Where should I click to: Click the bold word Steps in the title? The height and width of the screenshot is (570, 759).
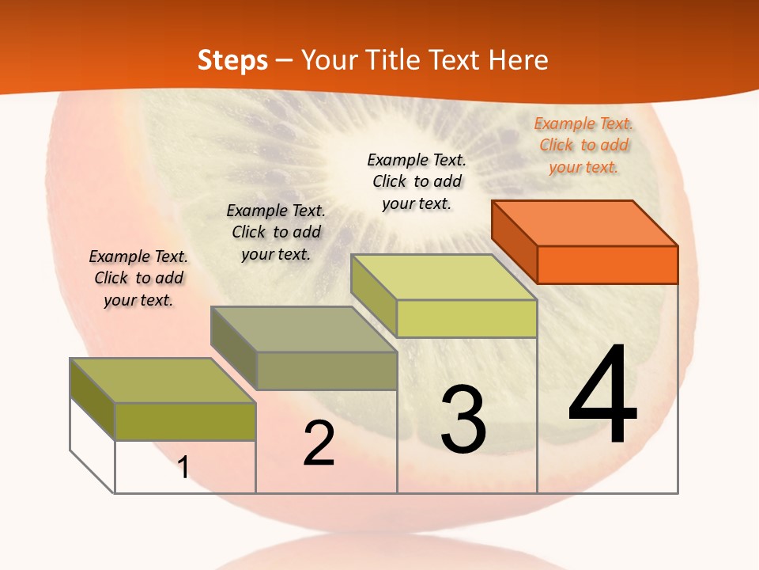coord(232,60)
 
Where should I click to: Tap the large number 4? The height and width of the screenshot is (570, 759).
coord(602,395)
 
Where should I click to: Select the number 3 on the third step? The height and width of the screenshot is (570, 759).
coord(463,420)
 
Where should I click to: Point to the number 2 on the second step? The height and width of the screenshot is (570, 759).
coord(319,443)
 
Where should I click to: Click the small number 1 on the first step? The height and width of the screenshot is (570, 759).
coord(183,467)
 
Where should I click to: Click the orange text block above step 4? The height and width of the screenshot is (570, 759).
coord(583,145)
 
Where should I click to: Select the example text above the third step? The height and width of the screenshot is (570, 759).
coord(417,181)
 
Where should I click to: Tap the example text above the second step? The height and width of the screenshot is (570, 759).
coord(276,232)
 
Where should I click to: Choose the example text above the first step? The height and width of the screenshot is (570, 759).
coord(138,278)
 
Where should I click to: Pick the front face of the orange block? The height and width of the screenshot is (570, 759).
coord(607,264)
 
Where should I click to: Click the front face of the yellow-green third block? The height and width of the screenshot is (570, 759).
coord(466,318)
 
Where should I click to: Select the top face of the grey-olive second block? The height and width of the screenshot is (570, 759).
coord(304,329)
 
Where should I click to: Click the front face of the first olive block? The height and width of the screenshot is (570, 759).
coord(185,421)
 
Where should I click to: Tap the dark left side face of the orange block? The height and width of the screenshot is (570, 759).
coord(514,241)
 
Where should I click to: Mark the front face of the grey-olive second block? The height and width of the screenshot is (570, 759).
coord(327,370)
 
